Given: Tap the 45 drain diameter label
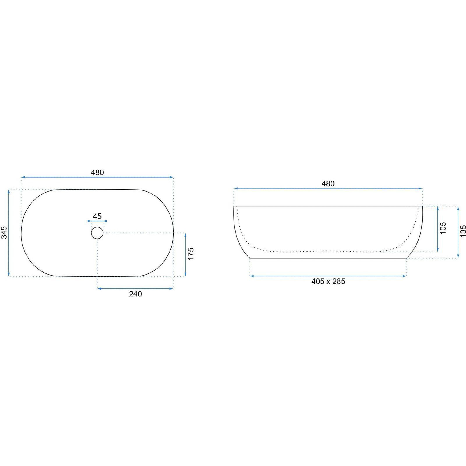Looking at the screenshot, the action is [97, 216].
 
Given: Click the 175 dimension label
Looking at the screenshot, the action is [191, 254].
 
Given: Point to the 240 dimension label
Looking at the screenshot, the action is [135, 294].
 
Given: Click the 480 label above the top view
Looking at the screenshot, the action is [97, 172].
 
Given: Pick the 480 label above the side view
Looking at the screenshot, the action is [328, 183].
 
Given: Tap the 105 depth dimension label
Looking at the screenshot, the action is [443, 228].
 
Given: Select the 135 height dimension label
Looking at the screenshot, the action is [463, 231].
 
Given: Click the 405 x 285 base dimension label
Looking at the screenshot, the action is [328, 281].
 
